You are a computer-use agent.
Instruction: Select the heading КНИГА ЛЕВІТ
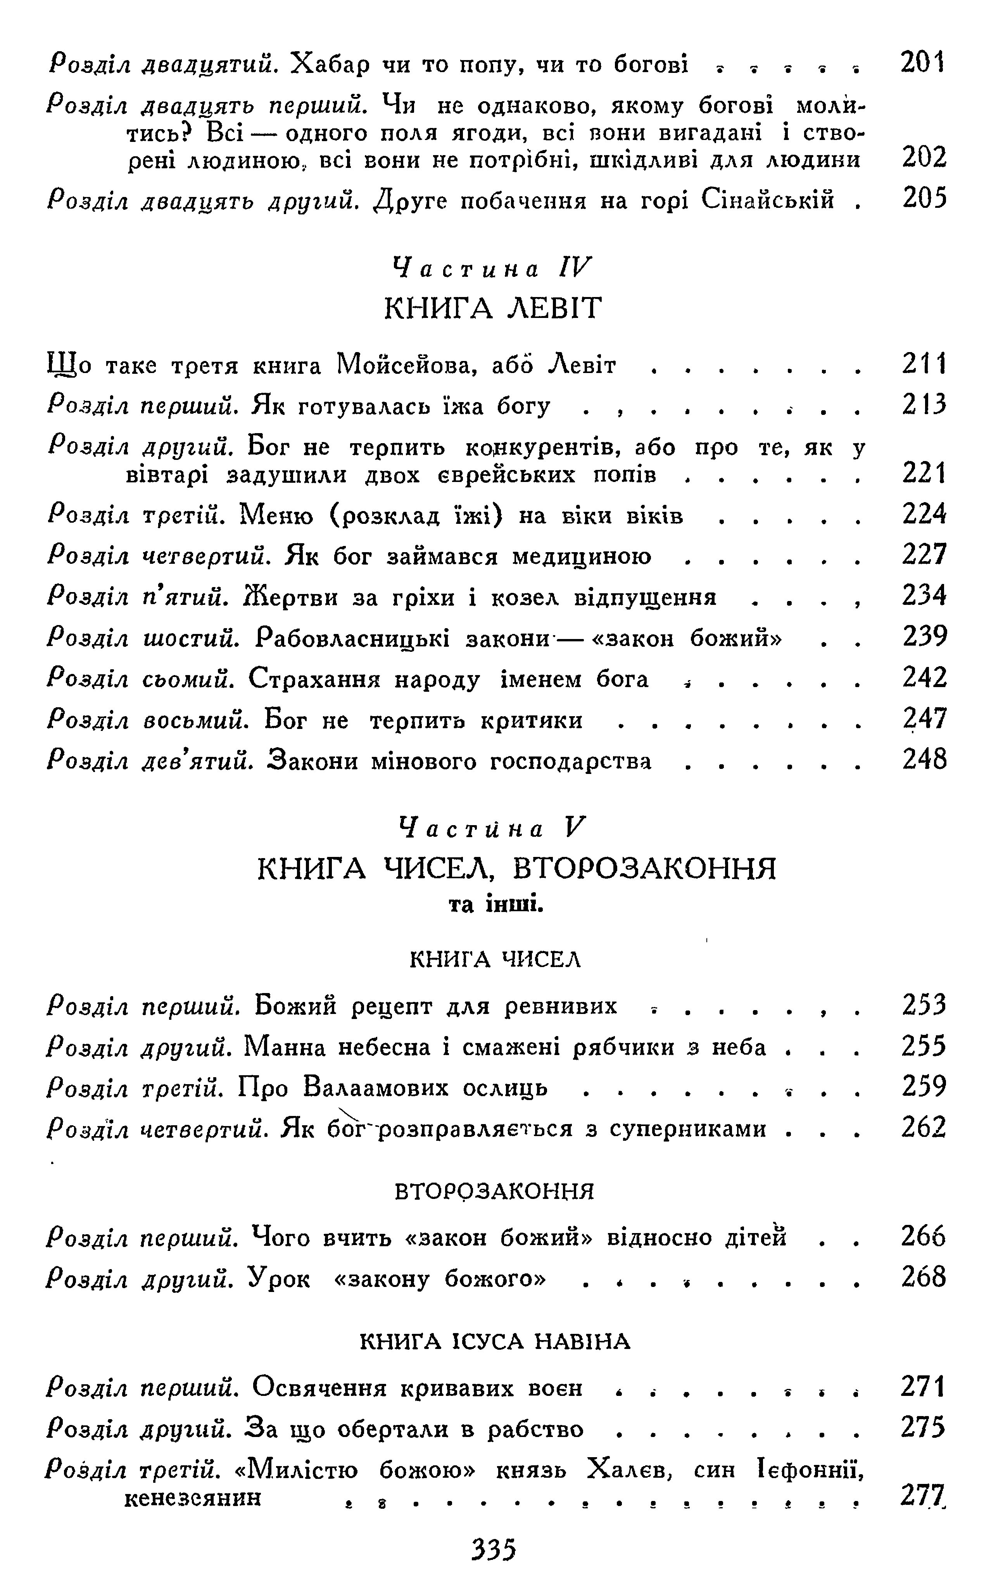pos(493,308)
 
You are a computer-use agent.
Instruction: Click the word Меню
pos(278,516)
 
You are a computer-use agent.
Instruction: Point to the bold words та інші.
pos(496,905)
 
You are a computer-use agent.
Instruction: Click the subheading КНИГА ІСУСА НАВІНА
pos(495,1342)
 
